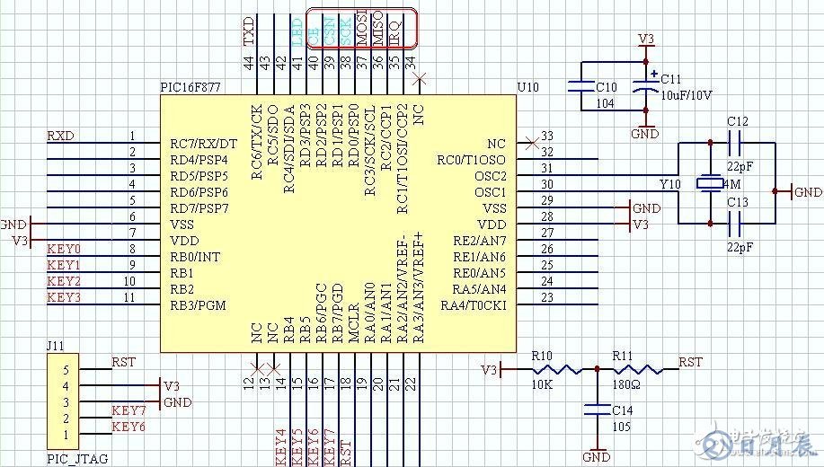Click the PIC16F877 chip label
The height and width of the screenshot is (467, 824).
click(x=190, y=87)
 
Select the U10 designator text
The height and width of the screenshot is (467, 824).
click(x=528, y=87)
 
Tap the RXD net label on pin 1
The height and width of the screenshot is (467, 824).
click(x=61, y=136)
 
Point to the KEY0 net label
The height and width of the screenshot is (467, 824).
click(x=64, y=249)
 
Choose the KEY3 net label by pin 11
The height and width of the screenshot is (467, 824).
click(x=64, y=297)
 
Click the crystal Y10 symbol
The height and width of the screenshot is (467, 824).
click(x=710, y=184)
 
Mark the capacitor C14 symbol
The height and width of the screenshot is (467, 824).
click(x=592, y=410)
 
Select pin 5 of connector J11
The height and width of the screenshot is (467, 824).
click(x=65, y=370)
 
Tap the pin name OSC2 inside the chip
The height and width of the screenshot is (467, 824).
click(x=491, y=176)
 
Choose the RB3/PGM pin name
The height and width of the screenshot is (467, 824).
click(x=198, y=305)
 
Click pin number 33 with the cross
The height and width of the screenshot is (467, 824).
click(x=545, y=137)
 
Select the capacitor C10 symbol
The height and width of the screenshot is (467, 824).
click(x=580, y=87)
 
